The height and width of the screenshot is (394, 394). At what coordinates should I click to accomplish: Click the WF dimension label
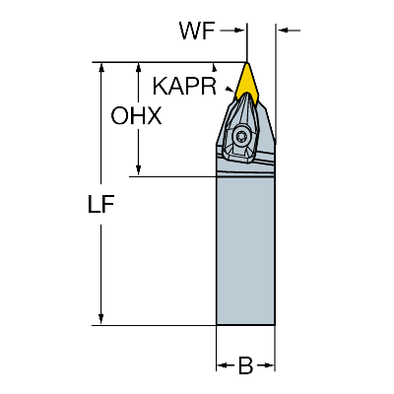[x=197, y=31]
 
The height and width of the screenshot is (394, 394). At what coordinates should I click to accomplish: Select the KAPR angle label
[x=184, y=87]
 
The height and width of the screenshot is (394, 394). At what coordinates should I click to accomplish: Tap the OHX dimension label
[x=136, y=116]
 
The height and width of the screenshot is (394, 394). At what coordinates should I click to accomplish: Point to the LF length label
[x=101, y=204]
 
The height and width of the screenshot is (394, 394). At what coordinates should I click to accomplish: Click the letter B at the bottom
[x=245, y=365]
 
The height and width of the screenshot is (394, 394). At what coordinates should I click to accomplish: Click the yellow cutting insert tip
[x=246, y=63]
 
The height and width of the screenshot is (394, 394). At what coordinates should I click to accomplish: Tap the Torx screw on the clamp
[x=240, y=135]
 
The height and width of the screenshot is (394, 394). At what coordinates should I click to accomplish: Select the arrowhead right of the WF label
[x=239, y=31]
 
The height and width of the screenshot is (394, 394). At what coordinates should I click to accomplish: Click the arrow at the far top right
[x=289, y=31]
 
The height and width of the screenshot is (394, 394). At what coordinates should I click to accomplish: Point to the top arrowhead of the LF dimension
[x=101, y=67]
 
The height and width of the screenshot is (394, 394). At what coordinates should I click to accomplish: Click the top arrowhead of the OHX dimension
[x=139, y=67]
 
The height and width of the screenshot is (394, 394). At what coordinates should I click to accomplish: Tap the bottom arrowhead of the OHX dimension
[x=139, y=170]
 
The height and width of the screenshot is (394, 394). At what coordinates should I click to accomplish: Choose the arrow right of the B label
[x=265, y=365]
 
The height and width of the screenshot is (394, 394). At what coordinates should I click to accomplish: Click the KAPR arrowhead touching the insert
[x=230, y=90]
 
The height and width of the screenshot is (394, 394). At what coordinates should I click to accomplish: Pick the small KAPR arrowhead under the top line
[x=215, y=68]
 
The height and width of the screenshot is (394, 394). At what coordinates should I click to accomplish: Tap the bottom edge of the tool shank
[x=245, y=325]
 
